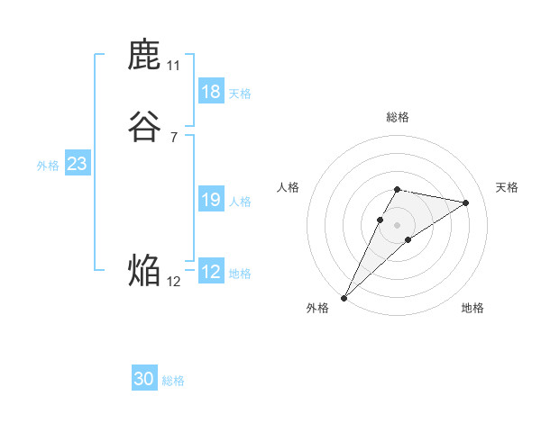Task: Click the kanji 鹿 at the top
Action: click(x=144, y=56)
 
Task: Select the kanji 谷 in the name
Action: click(x=144, y=127)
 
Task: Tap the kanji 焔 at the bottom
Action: click(x=144, y=270)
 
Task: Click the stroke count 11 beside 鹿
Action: click(x=173, y=66)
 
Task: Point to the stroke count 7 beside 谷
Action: click(x=173, y=137)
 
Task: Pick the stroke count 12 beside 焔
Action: click(x=173, y=281)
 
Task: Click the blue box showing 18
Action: click(x=211, y=91)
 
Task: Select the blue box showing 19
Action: click(x=211, y=200)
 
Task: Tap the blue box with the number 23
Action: click(x=77, y=164)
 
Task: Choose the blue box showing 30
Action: click(x=144, y=379)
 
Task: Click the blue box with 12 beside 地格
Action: click(x=211, y=272)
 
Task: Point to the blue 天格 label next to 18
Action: click(x=240, y=93)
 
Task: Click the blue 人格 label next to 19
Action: click(x=240, y=202)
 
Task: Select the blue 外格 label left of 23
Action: click(x=48, y=166)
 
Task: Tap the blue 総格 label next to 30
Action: click(x=173, y=381)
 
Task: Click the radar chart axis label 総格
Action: click(x=397, y=117)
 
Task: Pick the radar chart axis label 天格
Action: click(x=507, y=187)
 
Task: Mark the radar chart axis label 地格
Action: click(x=472, y=308)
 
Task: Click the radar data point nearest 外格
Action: click(x=344, y=297)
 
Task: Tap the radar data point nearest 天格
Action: click(x=466, y=202)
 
